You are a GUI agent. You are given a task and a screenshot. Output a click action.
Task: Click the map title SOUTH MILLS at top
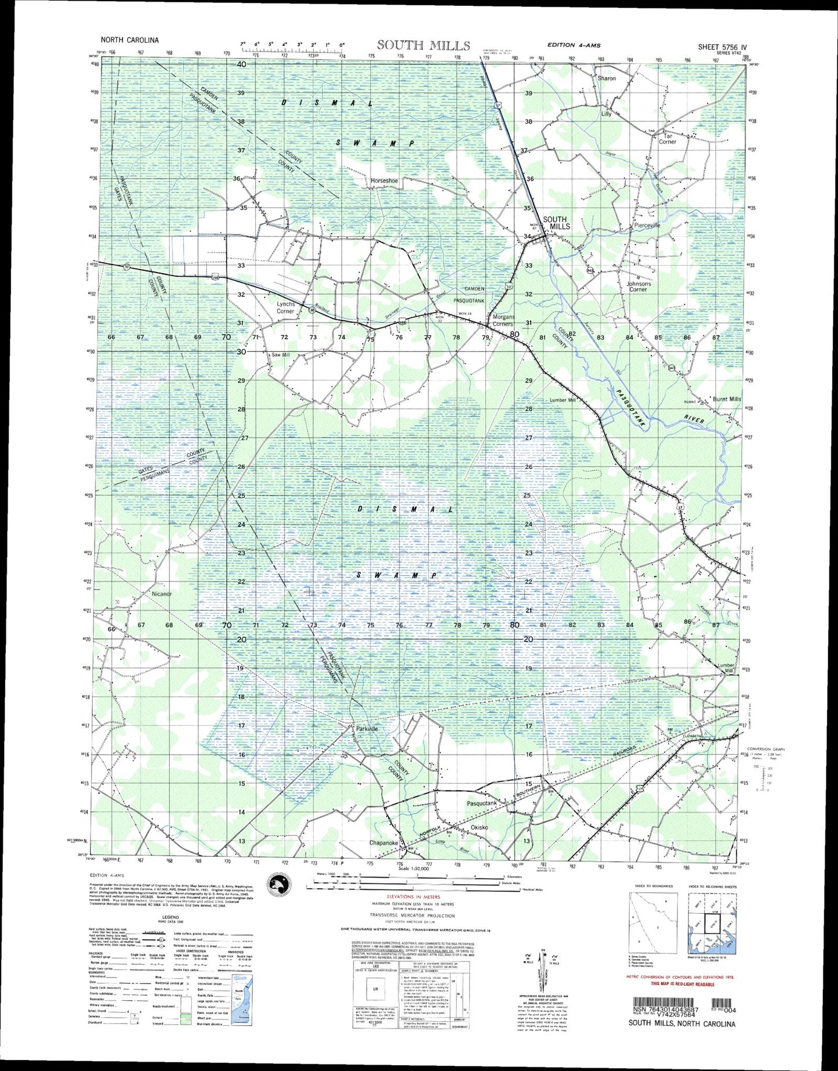pyautogui.click(x=423, y=45)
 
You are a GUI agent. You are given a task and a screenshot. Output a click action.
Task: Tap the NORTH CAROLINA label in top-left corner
pyautogui.click(x=129, y=41)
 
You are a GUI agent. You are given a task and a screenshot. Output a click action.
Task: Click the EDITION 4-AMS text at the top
pyautogui.click(x=574, y=45)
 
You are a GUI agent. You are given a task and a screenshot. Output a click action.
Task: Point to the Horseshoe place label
pyautogui.click(x=384, y=181)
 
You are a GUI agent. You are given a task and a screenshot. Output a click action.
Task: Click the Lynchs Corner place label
pyautogui.click(x=285, y=307)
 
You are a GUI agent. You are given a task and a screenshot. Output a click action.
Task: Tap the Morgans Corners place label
pyautogui.click(x=503, y=320)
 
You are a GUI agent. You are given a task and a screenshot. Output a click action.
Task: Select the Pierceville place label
pyautogui.click(x=647, y=225)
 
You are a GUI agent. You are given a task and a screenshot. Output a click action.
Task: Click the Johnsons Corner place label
pyautogui.click(x=638, y=286)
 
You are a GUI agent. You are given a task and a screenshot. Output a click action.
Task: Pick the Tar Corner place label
pyautogui.click(x=668, y=139)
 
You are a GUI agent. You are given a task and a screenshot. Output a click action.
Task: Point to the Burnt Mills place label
pyautogui.click(x=727, y=399)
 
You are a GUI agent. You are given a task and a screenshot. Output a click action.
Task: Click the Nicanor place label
pyautogui.click(x=162, y=594)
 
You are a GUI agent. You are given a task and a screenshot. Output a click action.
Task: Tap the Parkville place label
pyautogui.click(x=367, y=729)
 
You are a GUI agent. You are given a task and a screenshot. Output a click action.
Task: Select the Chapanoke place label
pyautogui.click(x=383, y=843)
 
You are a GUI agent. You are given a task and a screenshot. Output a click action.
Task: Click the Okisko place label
pyautogui.click(x=479, y=827)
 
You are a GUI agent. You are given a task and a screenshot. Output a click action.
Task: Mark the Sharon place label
pyautogui.click(x=607, y=78)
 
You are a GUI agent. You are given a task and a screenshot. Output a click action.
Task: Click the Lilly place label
pyautogui.click(x=606, y=114)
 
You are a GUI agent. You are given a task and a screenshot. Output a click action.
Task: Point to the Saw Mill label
pyautogui.click(x=280, y=355)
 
